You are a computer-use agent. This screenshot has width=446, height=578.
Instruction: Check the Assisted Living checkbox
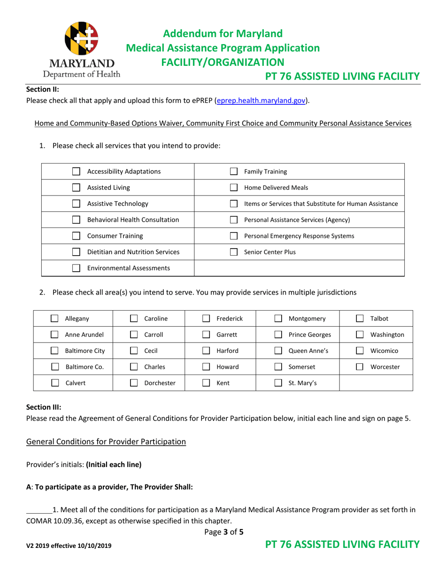[x=76, y=188]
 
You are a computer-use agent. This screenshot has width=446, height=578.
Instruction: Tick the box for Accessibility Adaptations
[x=76, y=172]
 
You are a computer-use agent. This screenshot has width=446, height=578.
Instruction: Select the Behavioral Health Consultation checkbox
[x=76, y=220]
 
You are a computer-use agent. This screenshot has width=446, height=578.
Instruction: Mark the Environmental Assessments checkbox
[x=76, y=268]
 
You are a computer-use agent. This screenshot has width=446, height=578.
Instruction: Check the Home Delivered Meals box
[x=233, y=188]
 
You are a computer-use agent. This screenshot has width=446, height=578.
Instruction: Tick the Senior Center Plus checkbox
[x=233, y=252]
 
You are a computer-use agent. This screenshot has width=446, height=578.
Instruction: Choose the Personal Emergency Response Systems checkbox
[x=233, y=236]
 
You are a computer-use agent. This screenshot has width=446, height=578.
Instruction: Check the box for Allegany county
[x=54, y=319]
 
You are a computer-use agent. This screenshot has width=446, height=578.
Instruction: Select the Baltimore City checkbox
[x=54, y=351]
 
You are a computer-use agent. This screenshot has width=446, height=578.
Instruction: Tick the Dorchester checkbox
[x=133, y=383]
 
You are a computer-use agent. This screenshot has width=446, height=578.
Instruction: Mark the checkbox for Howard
[x=206, y=367]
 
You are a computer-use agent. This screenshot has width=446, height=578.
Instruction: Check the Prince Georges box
[x=278, y=335]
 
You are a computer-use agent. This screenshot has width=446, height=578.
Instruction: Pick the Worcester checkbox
[x=360, y=367]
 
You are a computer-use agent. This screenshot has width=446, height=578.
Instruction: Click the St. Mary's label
[x=302, y=383]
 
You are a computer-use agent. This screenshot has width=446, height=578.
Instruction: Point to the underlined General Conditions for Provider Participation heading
[x=106, y=442]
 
